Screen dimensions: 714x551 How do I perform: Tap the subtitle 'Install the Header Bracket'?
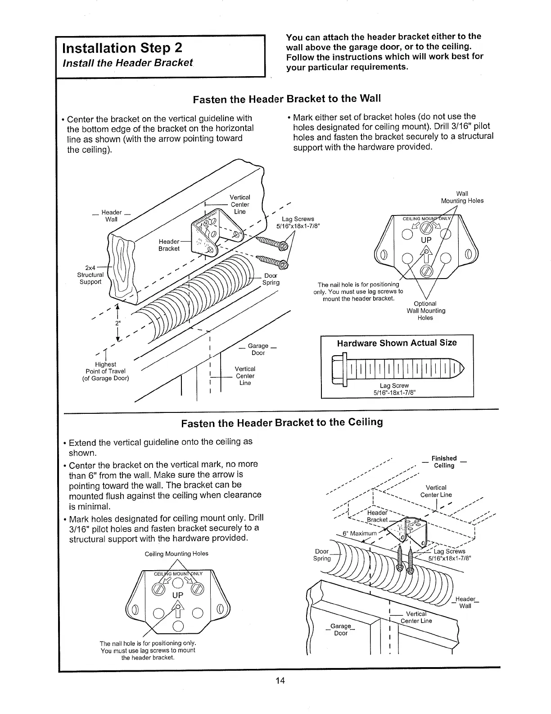[128, 63]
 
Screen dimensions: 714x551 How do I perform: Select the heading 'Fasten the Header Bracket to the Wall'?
[287, 99]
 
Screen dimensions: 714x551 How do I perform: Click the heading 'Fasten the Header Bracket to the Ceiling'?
[282, 423]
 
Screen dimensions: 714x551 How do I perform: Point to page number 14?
[280, 681]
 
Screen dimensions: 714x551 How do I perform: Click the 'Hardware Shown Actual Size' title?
[397, 343]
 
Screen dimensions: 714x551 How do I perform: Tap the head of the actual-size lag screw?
[338, 371]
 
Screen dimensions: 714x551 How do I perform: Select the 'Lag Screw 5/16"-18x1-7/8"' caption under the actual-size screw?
[394, 389]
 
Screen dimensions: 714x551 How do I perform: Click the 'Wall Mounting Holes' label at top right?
[462, 197]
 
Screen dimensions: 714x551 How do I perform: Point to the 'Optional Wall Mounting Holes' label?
[425, 311]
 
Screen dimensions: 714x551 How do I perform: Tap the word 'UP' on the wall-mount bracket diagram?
[426, 240]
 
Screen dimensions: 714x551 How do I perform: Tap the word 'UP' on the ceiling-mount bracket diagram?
[178, 595]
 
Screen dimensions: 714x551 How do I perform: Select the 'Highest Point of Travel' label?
[105, 371]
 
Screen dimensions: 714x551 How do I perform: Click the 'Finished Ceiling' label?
[444, 462]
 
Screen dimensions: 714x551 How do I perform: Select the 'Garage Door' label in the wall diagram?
[258, 349]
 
